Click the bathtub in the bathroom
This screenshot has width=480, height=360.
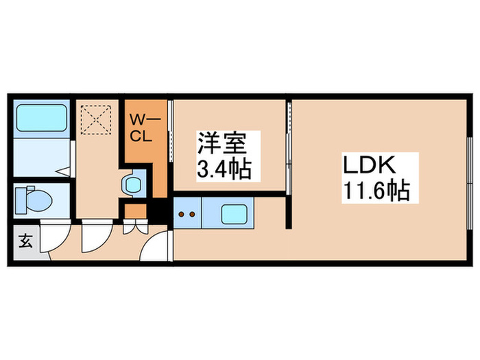click(x=41, y=119)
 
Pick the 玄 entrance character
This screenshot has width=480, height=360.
click(x=25, y=241)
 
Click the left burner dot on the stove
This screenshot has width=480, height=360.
click(x=182, y=215)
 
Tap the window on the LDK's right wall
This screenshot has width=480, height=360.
click(x=470, y=169)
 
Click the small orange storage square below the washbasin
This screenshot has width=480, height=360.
click(x=134, y=209)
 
